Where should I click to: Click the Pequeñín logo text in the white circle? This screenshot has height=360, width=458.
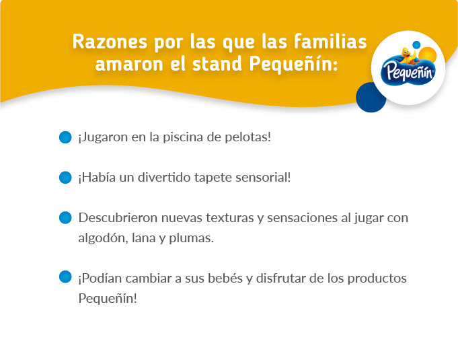(x=406, y=71)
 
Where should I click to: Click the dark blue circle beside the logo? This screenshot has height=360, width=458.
(x=371, y=97)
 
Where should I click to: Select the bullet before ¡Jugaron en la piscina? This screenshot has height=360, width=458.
(x=65, y=137)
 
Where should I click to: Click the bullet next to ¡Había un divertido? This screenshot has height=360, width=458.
(x=65, y=178)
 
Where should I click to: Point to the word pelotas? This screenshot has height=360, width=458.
(x=247, y=137)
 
